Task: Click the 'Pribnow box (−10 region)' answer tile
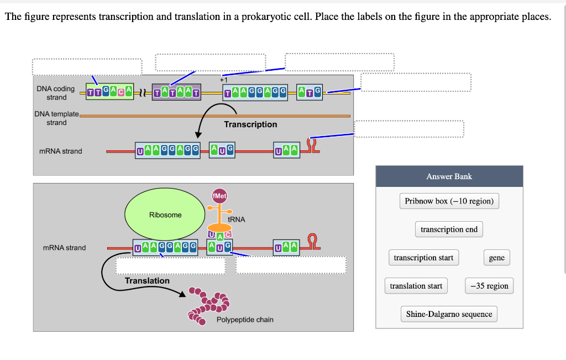[x=449, y=201]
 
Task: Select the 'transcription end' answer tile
[x=449, y=229]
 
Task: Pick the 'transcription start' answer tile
[x=423, y=258]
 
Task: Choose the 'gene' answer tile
[x=496, y=258]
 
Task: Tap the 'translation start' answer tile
[x=416, y=286]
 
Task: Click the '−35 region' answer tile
[x=489, y=286]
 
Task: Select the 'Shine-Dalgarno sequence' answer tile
[x=449, y=314]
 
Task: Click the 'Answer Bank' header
[x=449, y=176]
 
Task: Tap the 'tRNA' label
[x=236, y=220]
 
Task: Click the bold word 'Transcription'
[x=250, y=124]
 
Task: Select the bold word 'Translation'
[x=147, y=281]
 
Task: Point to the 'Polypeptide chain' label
[x=245, y=320]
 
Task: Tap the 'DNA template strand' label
[x=57, y=118]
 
